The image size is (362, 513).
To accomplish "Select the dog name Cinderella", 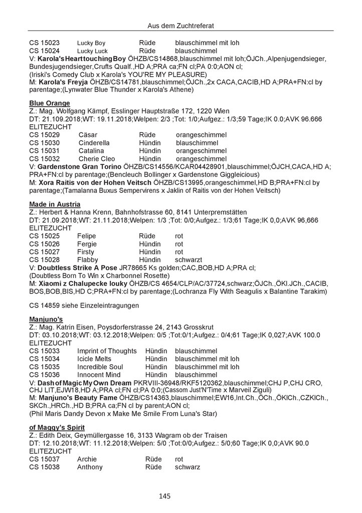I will click(94, 143).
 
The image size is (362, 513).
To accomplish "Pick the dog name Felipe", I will click(87, 235).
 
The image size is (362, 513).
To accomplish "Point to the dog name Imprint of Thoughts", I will click(107, 350).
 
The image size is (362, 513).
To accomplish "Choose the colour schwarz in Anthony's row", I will click(188, 467).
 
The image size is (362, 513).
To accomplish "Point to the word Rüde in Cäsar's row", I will click(148, 136).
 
